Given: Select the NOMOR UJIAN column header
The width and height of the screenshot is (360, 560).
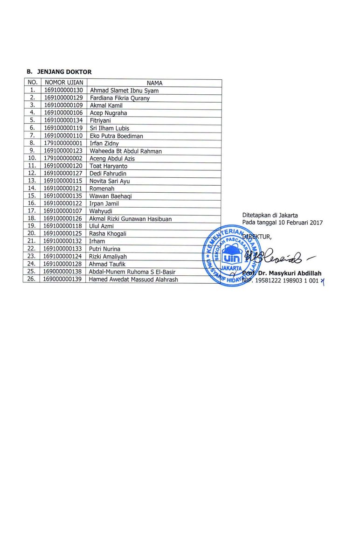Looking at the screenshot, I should pos(63,83).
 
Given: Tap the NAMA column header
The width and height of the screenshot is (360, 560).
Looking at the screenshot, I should pos(154,83).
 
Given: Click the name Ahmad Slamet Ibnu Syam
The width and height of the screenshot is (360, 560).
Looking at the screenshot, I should pos(124,91).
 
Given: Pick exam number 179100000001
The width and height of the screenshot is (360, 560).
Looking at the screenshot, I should pos(63,143).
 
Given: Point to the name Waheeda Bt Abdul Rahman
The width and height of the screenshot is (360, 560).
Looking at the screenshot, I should pos(125,151).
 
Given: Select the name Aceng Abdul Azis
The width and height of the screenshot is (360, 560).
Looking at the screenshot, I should pos(112,159).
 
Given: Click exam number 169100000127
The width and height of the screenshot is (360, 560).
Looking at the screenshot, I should pos(63,174).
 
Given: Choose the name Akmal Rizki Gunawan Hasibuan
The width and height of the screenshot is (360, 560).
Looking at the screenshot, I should pos(131,219).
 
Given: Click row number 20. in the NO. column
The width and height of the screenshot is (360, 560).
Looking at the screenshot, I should pos(32,233).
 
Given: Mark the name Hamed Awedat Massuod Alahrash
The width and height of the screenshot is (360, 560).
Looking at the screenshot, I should pos(133,280).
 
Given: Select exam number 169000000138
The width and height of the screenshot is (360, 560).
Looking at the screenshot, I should pos(63,271).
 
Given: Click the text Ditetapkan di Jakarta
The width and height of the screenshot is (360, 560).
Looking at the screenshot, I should pos(270,215).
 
